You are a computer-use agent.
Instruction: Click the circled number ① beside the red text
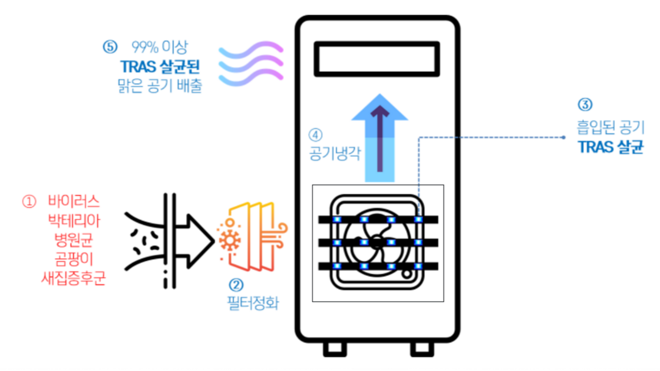(x=28, y=201)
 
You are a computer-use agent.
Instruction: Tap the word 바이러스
(x=73, y=201)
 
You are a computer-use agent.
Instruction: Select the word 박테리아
(x=73, y=221)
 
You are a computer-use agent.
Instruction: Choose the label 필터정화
(x=253, y=302)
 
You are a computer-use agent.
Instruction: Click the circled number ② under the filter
(x=238, y=284)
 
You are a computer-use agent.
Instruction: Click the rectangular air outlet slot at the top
(x=377, y=59)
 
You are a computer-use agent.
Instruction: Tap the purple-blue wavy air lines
(x=251, y=64)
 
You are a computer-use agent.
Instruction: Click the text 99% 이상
(x=160, y=47)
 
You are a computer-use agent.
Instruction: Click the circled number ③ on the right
(x=584, y=105)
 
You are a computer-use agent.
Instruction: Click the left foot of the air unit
(x=335, y=348)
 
